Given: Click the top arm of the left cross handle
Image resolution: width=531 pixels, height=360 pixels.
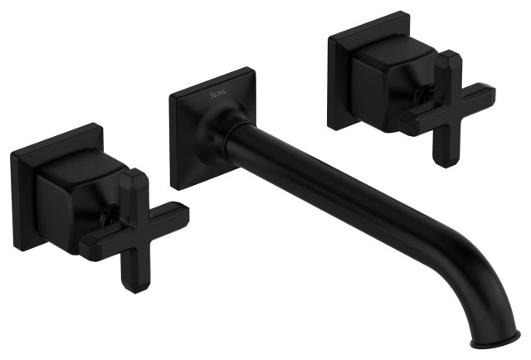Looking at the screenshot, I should point(131,187).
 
